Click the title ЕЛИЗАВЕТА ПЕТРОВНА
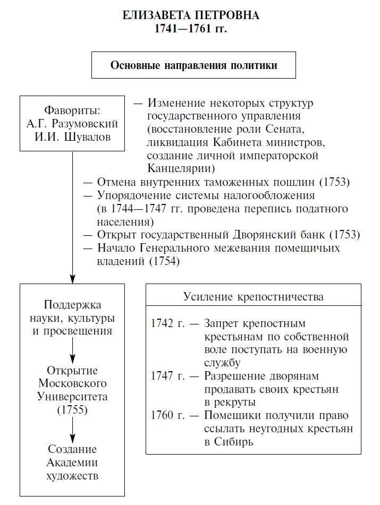coord(190,15)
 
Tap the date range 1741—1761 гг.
coord(190,29)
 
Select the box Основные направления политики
coord(193,65)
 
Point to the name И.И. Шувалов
coord(72,137)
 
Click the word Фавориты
coord(72,110)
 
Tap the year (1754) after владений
coord(164,261)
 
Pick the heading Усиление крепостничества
coord(254,297)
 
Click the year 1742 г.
coord(167,323)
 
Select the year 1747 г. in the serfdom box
coord(167,376)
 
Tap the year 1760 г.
coord(167,415)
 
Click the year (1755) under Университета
coord(72,410)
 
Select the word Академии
coord(72,463)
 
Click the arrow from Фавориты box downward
coord(72,218)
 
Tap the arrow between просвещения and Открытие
coord(72,350)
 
